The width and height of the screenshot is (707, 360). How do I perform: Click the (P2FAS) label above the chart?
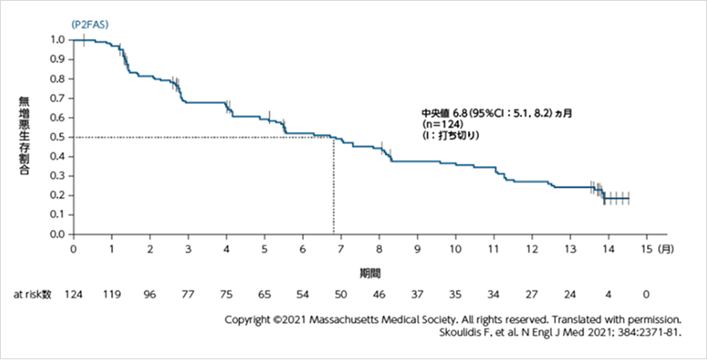(x=90, y=25)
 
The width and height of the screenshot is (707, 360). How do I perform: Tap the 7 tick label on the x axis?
(x=341, y=250)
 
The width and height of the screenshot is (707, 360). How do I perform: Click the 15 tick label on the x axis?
(x=646, y=250)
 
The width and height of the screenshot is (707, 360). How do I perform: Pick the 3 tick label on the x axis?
(x=188, y=250)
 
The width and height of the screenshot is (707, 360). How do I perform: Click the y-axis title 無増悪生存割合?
(x=26, y=136)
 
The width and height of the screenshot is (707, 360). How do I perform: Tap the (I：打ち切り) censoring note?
(x=450, y=136)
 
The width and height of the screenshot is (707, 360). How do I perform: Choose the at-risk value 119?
(x=111, y=294)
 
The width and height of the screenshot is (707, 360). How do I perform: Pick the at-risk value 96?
(x=150, y=294)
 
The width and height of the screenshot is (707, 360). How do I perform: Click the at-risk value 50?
(x=341, y=294)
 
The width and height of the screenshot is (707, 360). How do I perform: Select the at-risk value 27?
(x=532, y=294)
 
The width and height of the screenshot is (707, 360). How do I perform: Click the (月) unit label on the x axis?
(x=665, y=250)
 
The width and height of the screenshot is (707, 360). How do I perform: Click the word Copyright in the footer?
(x=248, y=319)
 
